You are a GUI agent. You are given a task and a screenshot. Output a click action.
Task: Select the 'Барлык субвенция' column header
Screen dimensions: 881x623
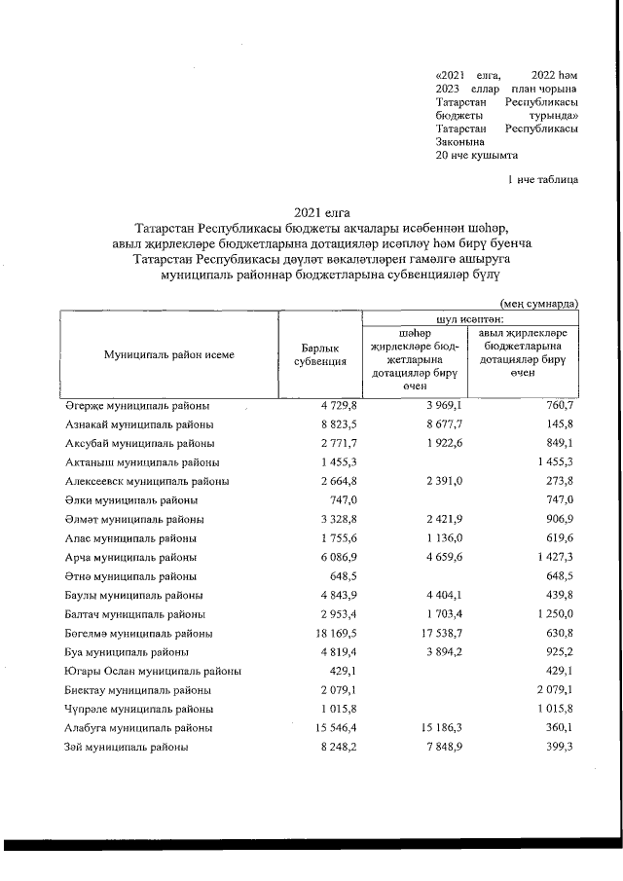(320, 355)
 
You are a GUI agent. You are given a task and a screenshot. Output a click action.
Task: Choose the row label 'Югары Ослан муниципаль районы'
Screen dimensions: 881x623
(153, 671)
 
